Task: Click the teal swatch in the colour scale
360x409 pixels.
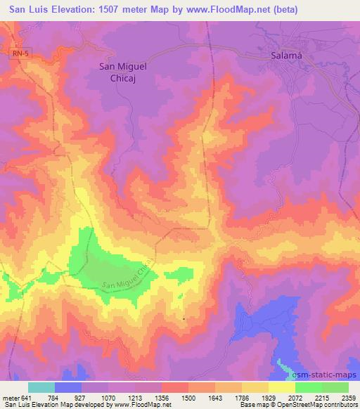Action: pos(41,387)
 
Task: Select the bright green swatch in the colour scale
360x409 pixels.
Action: pos(308,387)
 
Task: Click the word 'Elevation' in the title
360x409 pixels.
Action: pos(74,10)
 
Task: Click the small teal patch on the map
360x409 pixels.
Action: pos(284,366)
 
